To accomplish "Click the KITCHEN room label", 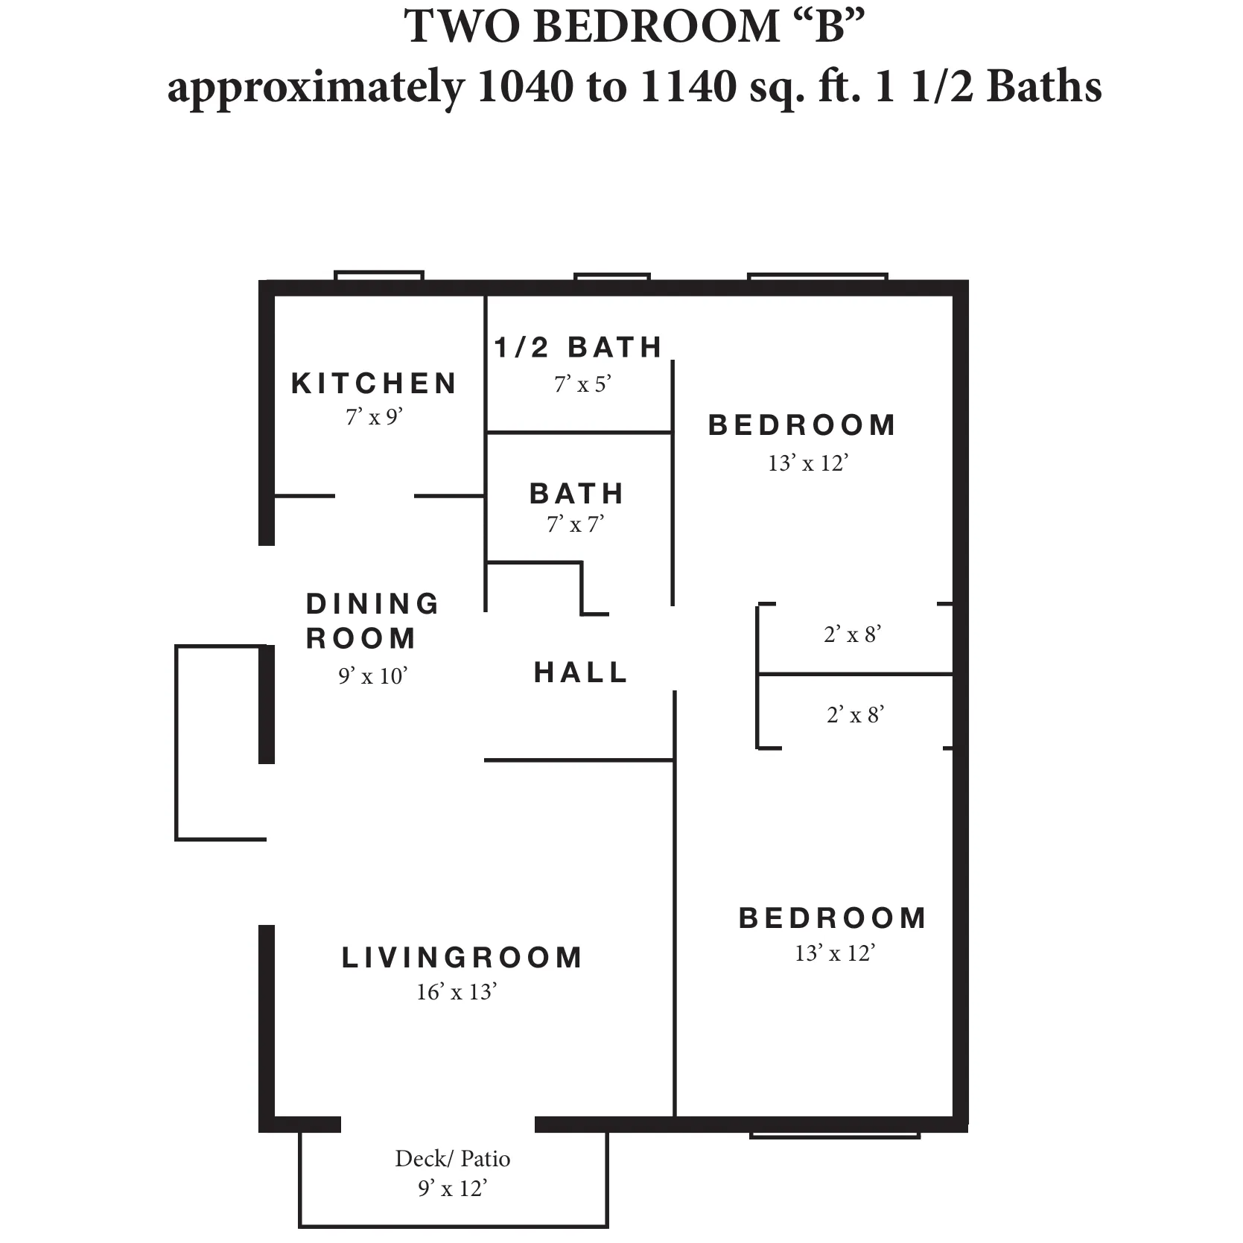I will pos(374,384).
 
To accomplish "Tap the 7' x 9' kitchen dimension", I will pos(374,417).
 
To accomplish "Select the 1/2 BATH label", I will pos(579,348).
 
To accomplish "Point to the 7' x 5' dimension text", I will pos(582,384).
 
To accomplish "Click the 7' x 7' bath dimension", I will pos(575,525).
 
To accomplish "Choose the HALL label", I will pos(581,673).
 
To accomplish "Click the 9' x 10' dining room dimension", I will pos(372,676).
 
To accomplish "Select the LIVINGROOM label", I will pos(462,958).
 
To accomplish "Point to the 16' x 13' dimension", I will pos(456,992).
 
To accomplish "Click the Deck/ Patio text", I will pos(452,1158).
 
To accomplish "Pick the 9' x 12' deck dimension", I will pos(452,1189).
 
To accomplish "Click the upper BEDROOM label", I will pos(802,425).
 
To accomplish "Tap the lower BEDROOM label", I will pos(833,918).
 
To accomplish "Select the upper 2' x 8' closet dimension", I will pos(853,635).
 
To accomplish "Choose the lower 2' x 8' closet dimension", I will pos(855,715).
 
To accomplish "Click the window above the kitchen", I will pos(379,276).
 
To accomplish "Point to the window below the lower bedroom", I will pos(835,1135).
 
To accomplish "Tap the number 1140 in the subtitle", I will pos(687,86).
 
